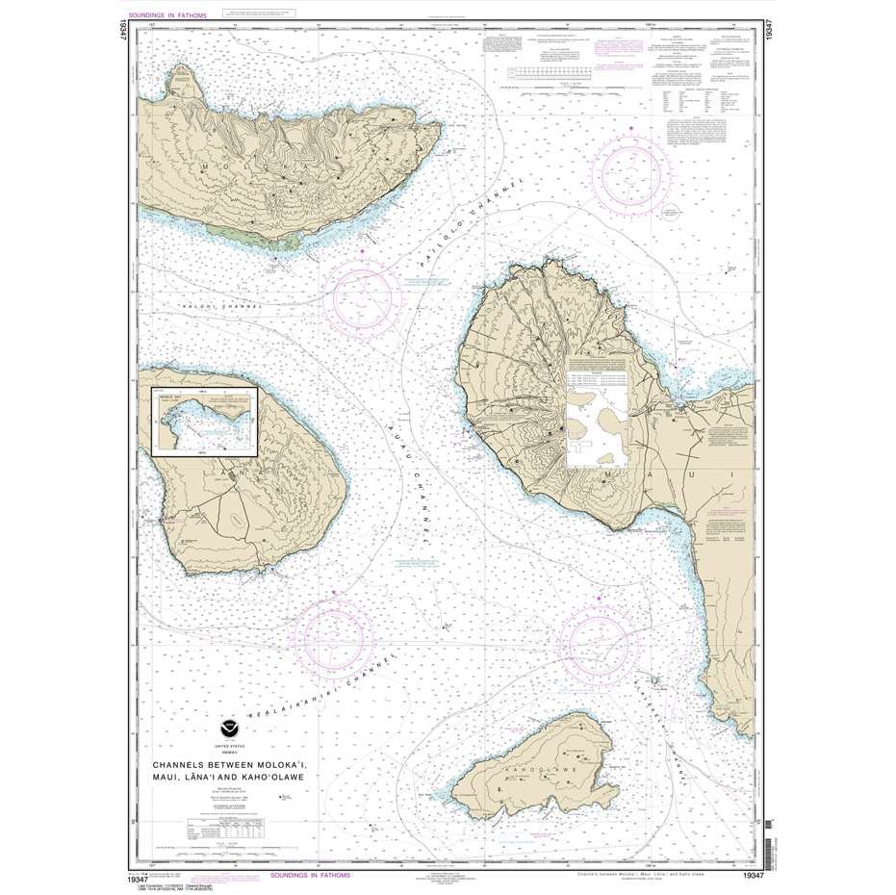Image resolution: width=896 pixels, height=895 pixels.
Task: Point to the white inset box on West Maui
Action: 597,433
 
